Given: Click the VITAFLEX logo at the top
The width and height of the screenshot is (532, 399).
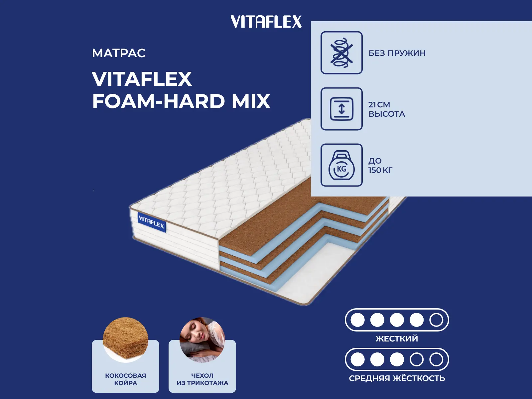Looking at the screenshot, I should (x=266, y=22).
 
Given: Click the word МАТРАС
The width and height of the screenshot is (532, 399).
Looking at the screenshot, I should (x=119, y=53).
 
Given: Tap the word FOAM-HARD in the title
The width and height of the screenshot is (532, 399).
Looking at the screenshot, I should (x=158, y=101).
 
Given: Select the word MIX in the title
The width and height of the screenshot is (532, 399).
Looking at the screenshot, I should (x=251, y=101).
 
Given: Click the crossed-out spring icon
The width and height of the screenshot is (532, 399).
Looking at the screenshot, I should (x=341, y=53).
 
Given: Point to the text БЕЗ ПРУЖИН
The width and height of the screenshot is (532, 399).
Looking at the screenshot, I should (x=397, y=53).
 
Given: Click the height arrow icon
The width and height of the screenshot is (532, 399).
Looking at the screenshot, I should (x=341, y=109).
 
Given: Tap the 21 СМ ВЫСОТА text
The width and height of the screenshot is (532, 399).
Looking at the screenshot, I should (x=386, y=109).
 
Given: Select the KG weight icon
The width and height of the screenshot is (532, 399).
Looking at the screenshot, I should (x=341, y=165).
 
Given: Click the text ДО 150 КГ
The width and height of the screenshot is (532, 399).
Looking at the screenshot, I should (x=380, y=165).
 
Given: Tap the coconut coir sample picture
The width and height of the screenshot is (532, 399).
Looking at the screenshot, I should (x=125, y=338).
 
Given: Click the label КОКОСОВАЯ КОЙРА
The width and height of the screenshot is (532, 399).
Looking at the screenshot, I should (x=125, y=379).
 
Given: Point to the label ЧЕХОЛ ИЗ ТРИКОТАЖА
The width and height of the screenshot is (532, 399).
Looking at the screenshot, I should (x=202, y=379).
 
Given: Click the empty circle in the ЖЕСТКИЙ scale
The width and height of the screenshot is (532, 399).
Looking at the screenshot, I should (x=436, y=320).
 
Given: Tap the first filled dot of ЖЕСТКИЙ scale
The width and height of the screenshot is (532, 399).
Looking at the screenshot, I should (x=357, y=320).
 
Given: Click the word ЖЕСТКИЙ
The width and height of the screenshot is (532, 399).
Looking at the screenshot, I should (x=397, y=339).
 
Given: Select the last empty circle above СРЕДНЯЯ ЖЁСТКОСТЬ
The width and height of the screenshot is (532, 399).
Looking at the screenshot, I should (x=436, y=359).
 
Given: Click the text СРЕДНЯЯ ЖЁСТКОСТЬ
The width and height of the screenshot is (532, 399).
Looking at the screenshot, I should (x=397, y=378).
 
